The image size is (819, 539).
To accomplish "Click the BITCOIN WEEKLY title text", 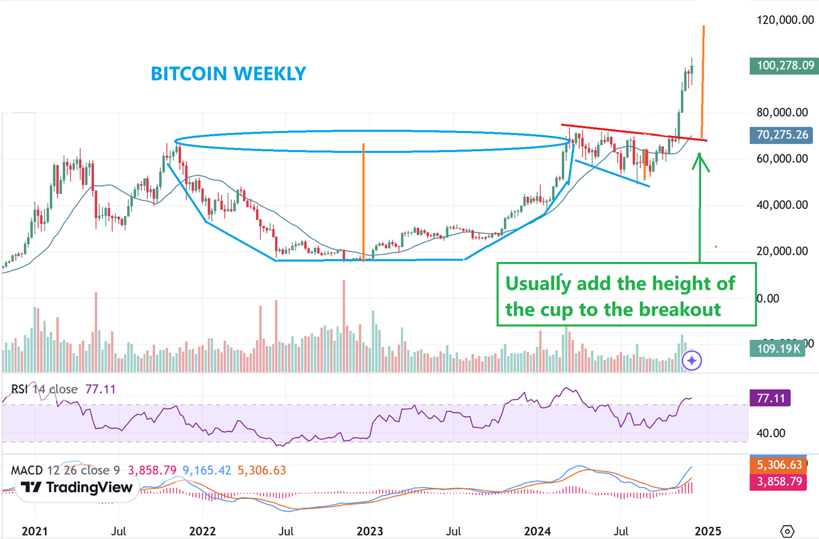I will (228, 74).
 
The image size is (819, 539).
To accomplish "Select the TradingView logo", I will (76, 488).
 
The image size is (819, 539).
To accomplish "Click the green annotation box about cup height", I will (626, 295).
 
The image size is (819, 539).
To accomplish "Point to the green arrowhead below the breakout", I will (701, 162).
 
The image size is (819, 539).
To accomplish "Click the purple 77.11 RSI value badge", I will (770, 398).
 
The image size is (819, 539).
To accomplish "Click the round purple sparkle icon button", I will (692, 361).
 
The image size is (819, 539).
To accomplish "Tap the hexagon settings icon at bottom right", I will (788, 531).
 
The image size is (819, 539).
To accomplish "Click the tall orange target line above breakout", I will (703, 80).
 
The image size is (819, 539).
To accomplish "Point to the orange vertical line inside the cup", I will (363, 203).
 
